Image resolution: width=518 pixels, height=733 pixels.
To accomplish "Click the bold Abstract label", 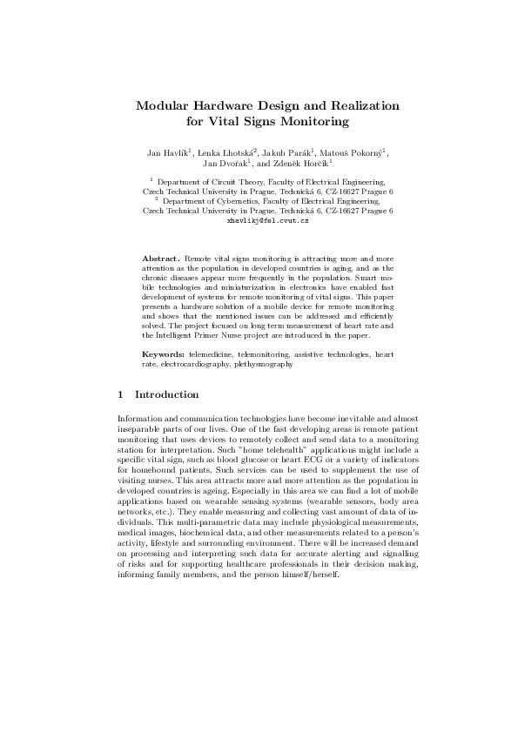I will click(x=161, y=259).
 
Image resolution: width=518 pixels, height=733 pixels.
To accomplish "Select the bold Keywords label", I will click(x=164, y=354).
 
